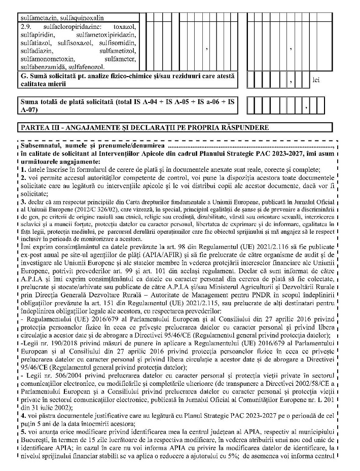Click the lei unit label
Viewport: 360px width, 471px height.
[x=317, y=80]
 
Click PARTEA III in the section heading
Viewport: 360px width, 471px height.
[x=39, y=126]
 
